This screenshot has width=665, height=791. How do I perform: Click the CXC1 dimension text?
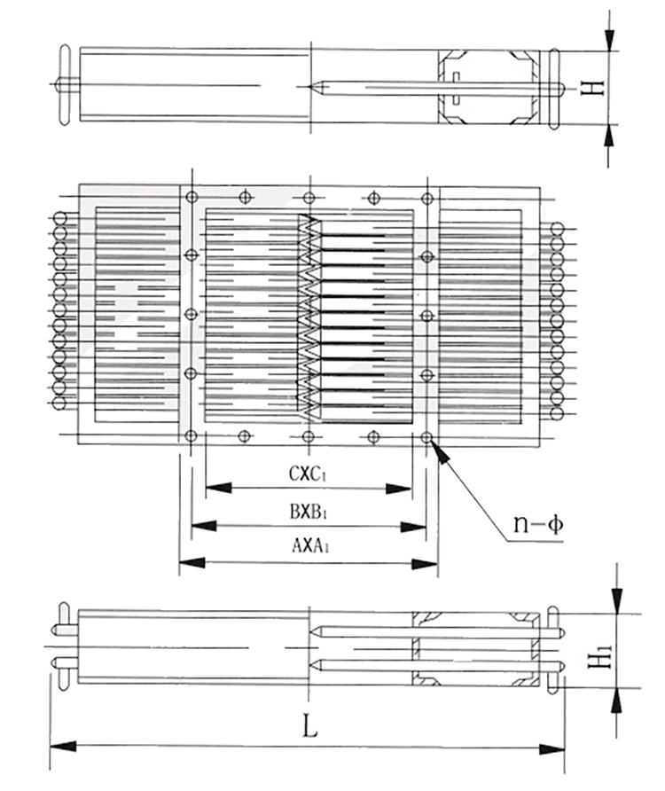[x=309, y=473]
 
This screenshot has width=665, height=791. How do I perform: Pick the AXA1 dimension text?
[x=309, y=547]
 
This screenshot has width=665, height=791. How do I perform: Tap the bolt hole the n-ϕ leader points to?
[x=427, y=437]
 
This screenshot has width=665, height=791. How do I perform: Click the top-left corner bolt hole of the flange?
[x=191, y=197]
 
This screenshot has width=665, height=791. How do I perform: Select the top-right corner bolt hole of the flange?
[x=427, y=197]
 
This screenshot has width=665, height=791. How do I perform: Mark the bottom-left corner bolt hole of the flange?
[x=191, y=436]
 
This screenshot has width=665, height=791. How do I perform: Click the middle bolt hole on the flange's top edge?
[x=309, y=197]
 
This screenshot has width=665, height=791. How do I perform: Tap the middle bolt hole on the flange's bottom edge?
[x=309, y=436]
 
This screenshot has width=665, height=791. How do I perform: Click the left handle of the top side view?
[x=63, y=85]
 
